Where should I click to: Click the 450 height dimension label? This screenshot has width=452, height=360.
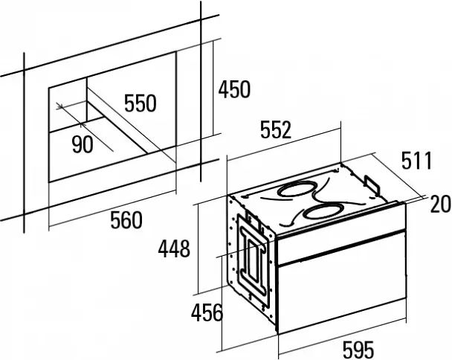tap(234, 89)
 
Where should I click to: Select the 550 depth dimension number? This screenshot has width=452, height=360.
tap(141, 103)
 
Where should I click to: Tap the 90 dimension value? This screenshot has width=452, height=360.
tap(83, 144)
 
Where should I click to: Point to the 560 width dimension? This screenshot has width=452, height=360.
tap(126, 220)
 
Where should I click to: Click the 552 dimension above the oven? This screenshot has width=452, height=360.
tap(276, 130)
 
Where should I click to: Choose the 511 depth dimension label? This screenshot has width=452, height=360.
tap(417, 161)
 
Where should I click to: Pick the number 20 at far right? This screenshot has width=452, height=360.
tap(440, 204)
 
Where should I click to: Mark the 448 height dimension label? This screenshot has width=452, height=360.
tap(174, 248)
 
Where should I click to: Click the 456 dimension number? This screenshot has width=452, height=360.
tap(207, 312)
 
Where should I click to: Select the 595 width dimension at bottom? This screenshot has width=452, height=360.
tap(358, 350)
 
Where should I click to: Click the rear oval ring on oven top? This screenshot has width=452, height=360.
tap(296, 189)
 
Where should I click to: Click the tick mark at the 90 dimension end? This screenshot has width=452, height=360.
tap(81, 125)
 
